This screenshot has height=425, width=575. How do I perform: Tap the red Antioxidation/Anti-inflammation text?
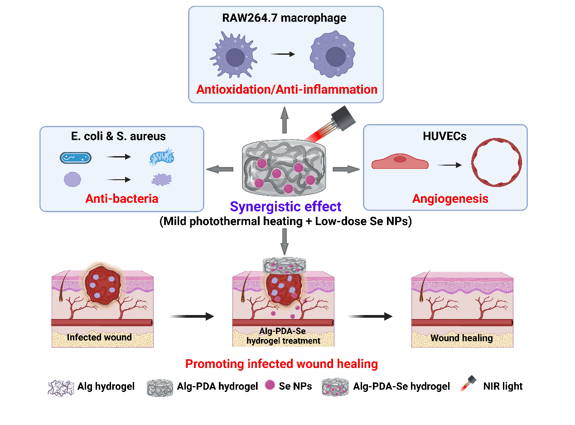286,89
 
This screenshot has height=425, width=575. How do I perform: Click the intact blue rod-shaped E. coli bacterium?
76,158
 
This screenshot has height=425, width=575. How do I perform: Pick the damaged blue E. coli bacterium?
161,158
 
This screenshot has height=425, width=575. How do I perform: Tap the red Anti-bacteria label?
122,198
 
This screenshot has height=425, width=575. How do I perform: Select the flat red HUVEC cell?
400,162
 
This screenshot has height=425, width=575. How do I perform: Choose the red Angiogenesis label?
450,198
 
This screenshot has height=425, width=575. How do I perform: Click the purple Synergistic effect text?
285,207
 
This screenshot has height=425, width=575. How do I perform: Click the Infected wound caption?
99,337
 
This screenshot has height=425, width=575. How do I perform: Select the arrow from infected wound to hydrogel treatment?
191,316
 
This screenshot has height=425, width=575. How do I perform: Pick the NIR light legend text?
503,386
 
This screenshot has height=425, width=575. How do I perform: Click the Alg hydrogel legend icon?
61,387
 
